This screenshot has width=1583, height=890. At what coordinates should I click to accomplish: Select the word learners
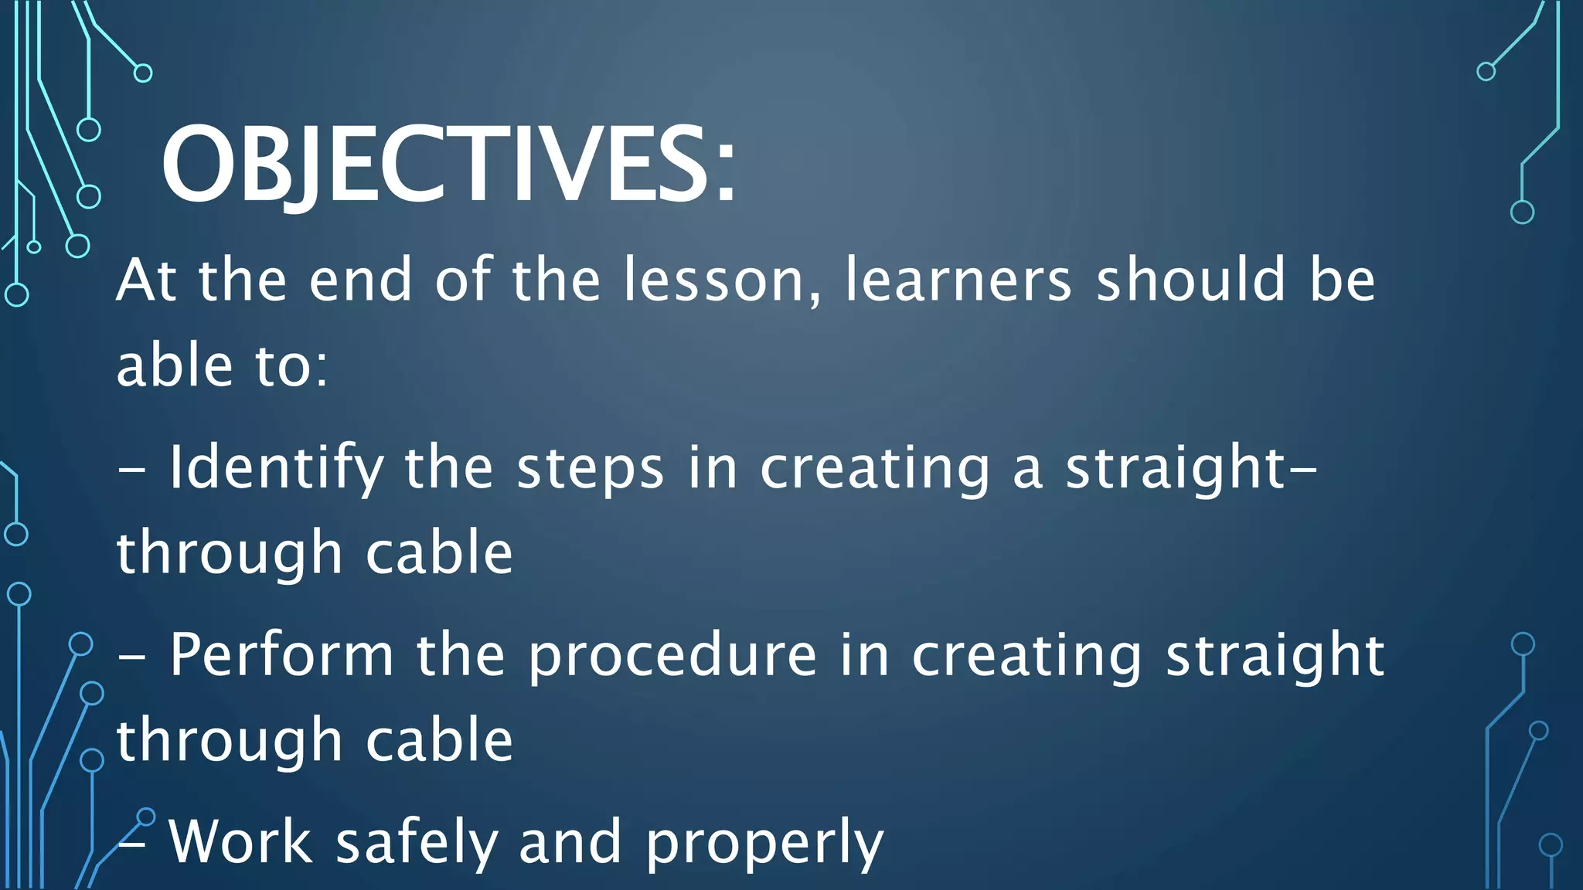(958, 280)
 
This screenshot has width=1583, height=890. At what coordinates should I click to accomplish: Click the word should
(1191, 280)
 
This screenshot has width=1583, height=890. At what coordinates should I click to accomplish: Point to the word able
(175, 365)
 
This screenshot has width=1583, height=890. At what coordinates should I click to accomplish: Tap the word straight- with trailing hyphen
(1191, 468)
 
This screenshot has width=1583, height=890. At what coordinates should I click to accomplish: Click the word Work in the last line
(240, 841)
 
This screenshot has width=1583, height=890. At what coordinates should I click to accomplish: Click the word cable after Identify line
(438, 553)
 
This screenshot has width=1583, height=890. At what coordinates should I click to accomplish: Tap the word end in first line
(360, 280)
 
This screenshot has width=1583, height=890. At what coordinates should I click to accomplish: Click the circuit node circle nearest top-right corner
(1486, 72)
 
